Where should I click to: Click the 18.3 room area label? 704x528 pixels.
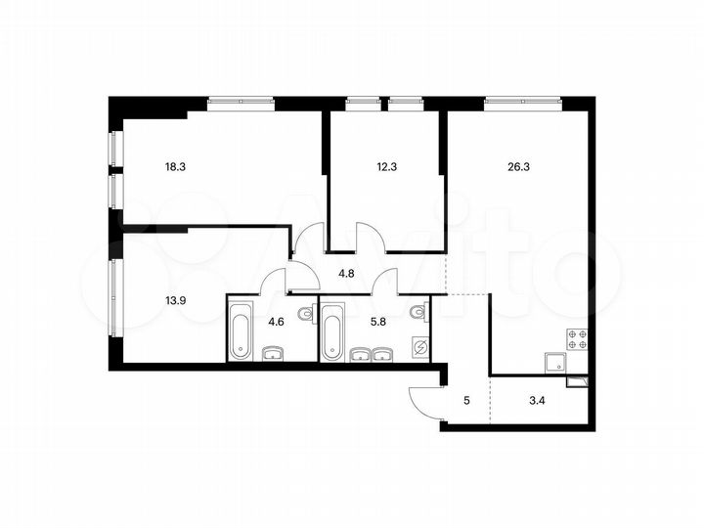point(175,166)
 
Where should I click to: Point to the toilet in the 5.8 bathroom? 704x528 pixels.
point(418,314)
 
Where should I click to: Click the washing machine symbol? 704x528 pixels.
point(420,346)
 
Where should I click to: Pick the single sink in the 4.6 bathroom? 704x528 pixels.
point(273,354)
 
